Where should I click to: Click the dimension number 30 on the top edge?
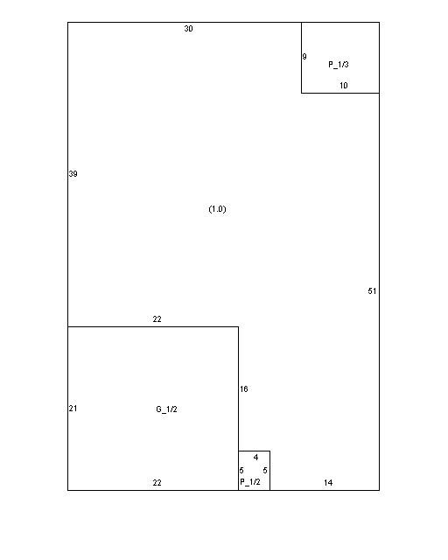tap(189, 29)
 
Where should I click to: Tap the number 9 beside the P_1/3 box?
tap(304, 56)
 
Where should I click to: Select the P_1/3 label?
tap(339, 65)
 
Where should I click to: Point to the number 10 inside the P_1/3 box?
tap(344, 86)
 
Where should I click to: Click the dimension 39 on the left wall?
tap(73, 174)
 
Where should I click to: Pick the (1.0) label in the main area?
tap(217, 209)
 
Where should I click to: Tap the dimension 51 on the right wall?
tap(372, 291)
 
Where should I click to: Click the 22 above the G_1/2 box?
tap(157, 319)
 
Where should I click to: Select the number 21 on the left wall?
tap(73, 409)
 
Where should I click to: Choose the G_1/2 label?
tap(166, 409)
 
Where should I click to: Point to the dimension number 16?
tap(244, 388)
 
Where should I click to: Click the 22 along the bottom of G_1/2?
tap(157, 483)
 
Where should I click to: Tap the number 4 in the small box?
tap(255, 457)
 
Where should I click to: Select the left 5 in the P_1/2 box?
tap(241, 471)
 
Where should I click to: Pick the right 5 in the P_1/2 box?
tap(265, 471)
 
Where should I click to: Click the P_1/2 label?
tap(250, 482)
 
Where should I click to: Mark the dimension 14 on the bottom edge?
tap(328, 483)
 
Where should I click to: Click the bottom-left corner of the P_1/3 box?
tap(302, 94)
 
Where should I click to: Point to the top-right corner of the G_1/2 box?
tap(238, 326)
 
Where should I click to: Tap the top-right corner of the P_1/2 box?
tap(270, 451)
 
